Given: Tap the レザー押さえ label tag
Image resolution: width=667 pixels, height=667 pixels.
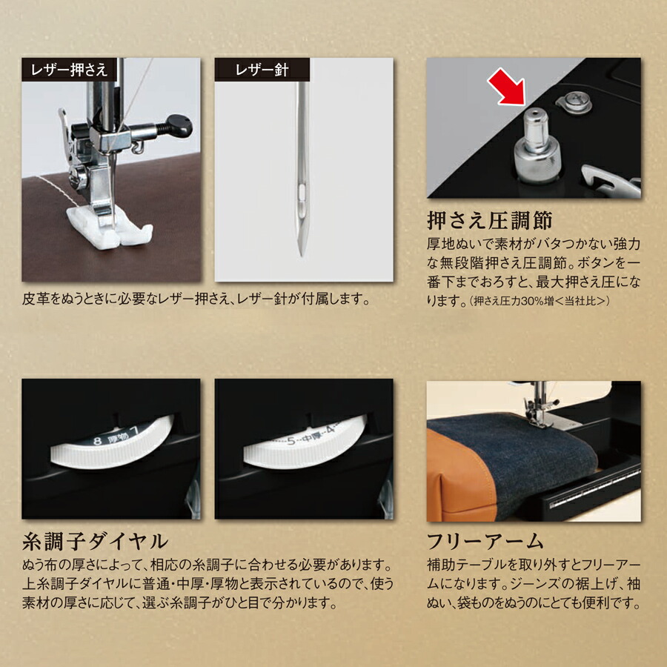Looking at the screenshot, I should [69, 70].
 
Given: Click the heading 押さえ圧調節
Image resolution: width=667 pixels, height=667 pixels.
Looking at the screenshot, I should [490, 222].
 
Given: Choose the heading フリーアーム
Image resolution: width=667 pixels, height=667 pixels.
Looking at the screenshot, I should [485, 539].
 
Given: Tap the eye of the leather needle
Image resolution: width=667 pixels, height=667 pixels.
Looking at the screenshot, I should [301, 194].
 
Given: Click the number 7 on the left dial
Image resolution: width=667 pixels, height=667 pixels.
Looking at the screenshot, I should [136, 428].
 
